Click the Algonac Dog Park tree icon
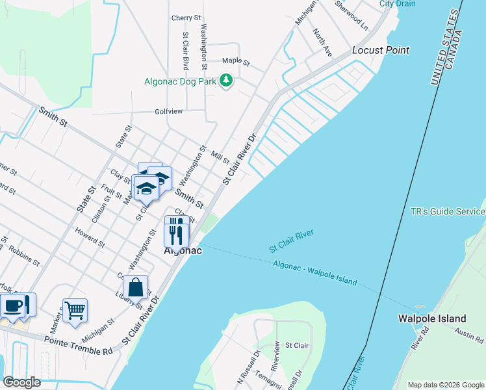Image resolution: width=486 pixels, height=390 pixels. pyautogui.click(x=225, y=81)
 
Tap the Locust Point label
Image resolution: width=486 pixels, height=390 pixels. pyautogui.click(x=381, y=50)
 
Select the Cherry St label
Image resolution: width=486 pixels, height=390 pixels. pyautogui.click(x=186, y=18)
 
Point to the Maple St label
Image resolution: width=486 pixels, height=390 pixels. pyautogui.click(x=236, y=62)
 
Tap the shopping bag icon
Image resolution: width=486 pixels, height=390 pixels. pyautogui.click(x=135, y=287)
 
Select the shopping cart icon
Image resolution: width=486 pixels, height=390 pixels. pyautogui.click(x=75, y=310)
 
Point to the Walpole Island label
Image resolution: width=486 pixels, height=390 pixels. pyautogui.click(x=432, y=318)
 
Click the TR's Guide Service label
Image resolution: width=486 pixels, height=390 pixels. pyautogui.click(x=448, y=212)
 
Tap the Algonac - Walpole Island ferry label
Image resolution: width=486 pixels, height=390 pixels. pyautogui.click(x=315, y=272)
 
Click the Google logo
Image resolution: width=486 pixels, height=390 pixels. pyautogui.click(x=21, y=382)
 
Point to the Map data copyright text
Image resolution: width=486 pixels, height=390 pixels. pyautogui.click(x=446, y=385)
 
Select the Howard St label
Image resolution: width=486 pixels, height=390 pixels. pyautogui.click(x=90, y=238)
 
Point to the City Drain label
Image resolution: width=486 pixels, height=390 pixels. pyautogui.click(x=398, y=3)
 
